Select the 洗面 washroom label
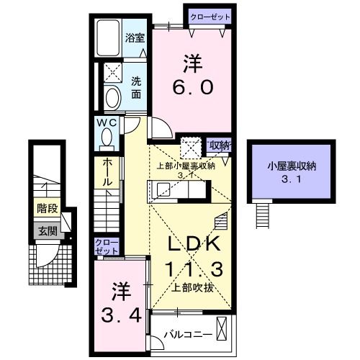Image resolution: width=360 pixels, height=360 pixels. click(136, 88)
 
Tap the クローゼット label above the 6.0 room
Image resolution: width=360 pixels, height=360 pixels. click(210, 16)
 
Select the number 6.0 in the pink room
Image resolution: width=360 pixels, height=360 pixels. click(191, 87)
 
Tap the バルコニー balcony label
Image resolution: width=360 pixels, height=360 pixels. click(186, 334)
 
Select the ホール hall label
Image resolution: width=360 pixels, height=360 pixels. click(107, 174)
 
